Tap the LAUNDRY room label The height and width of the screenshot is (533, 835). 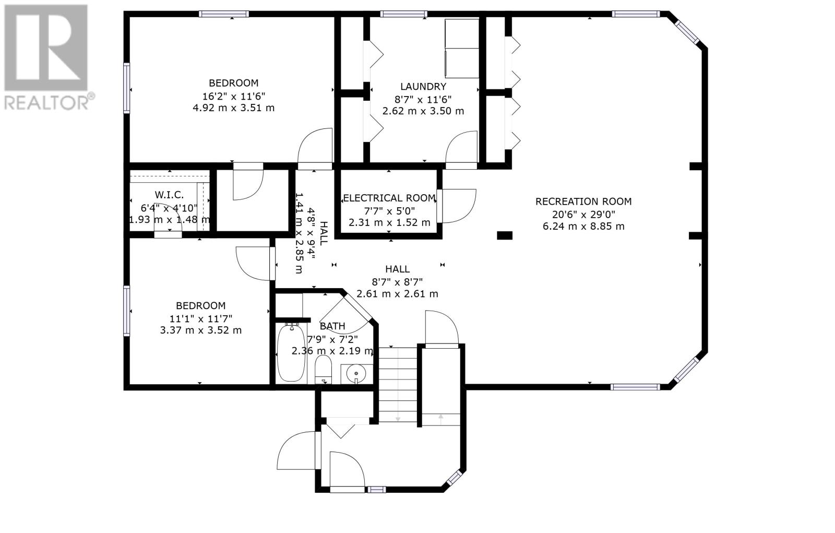(423, 87)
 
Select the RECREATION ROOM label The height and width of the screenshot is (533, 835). (583, 202)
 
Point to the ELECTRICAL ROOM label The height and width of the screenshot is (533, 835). (389, 198)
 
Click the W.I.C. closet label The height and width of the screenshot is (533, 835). (169, 195)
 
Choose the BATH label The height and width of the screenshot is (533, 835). (332, 326)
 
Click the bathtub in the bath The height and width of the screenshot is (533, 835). (291, 353)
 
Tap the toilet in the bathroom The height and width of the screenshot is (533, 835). (323, 369)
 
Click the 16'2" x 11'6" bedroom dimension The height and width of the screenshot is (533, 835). (234, 96)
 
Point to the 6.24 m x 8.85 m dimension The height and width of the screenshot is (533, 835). (583, 227)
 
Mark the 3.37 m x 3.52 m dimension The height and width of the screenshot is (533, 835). (200, 330)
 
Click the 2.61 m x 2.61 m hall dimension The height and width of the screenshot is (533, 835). (397, 294)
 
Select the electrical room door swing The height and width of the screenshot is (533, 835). (458, 206)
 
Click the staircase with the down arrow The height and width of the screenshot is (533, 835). (398, 385)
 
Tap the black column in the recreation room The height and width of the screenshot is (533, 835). (505, 235)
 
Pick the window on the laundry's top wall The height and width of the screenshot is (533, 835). (404, 14)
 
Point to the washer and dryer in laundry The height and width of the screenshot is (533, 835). (462, 49)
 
